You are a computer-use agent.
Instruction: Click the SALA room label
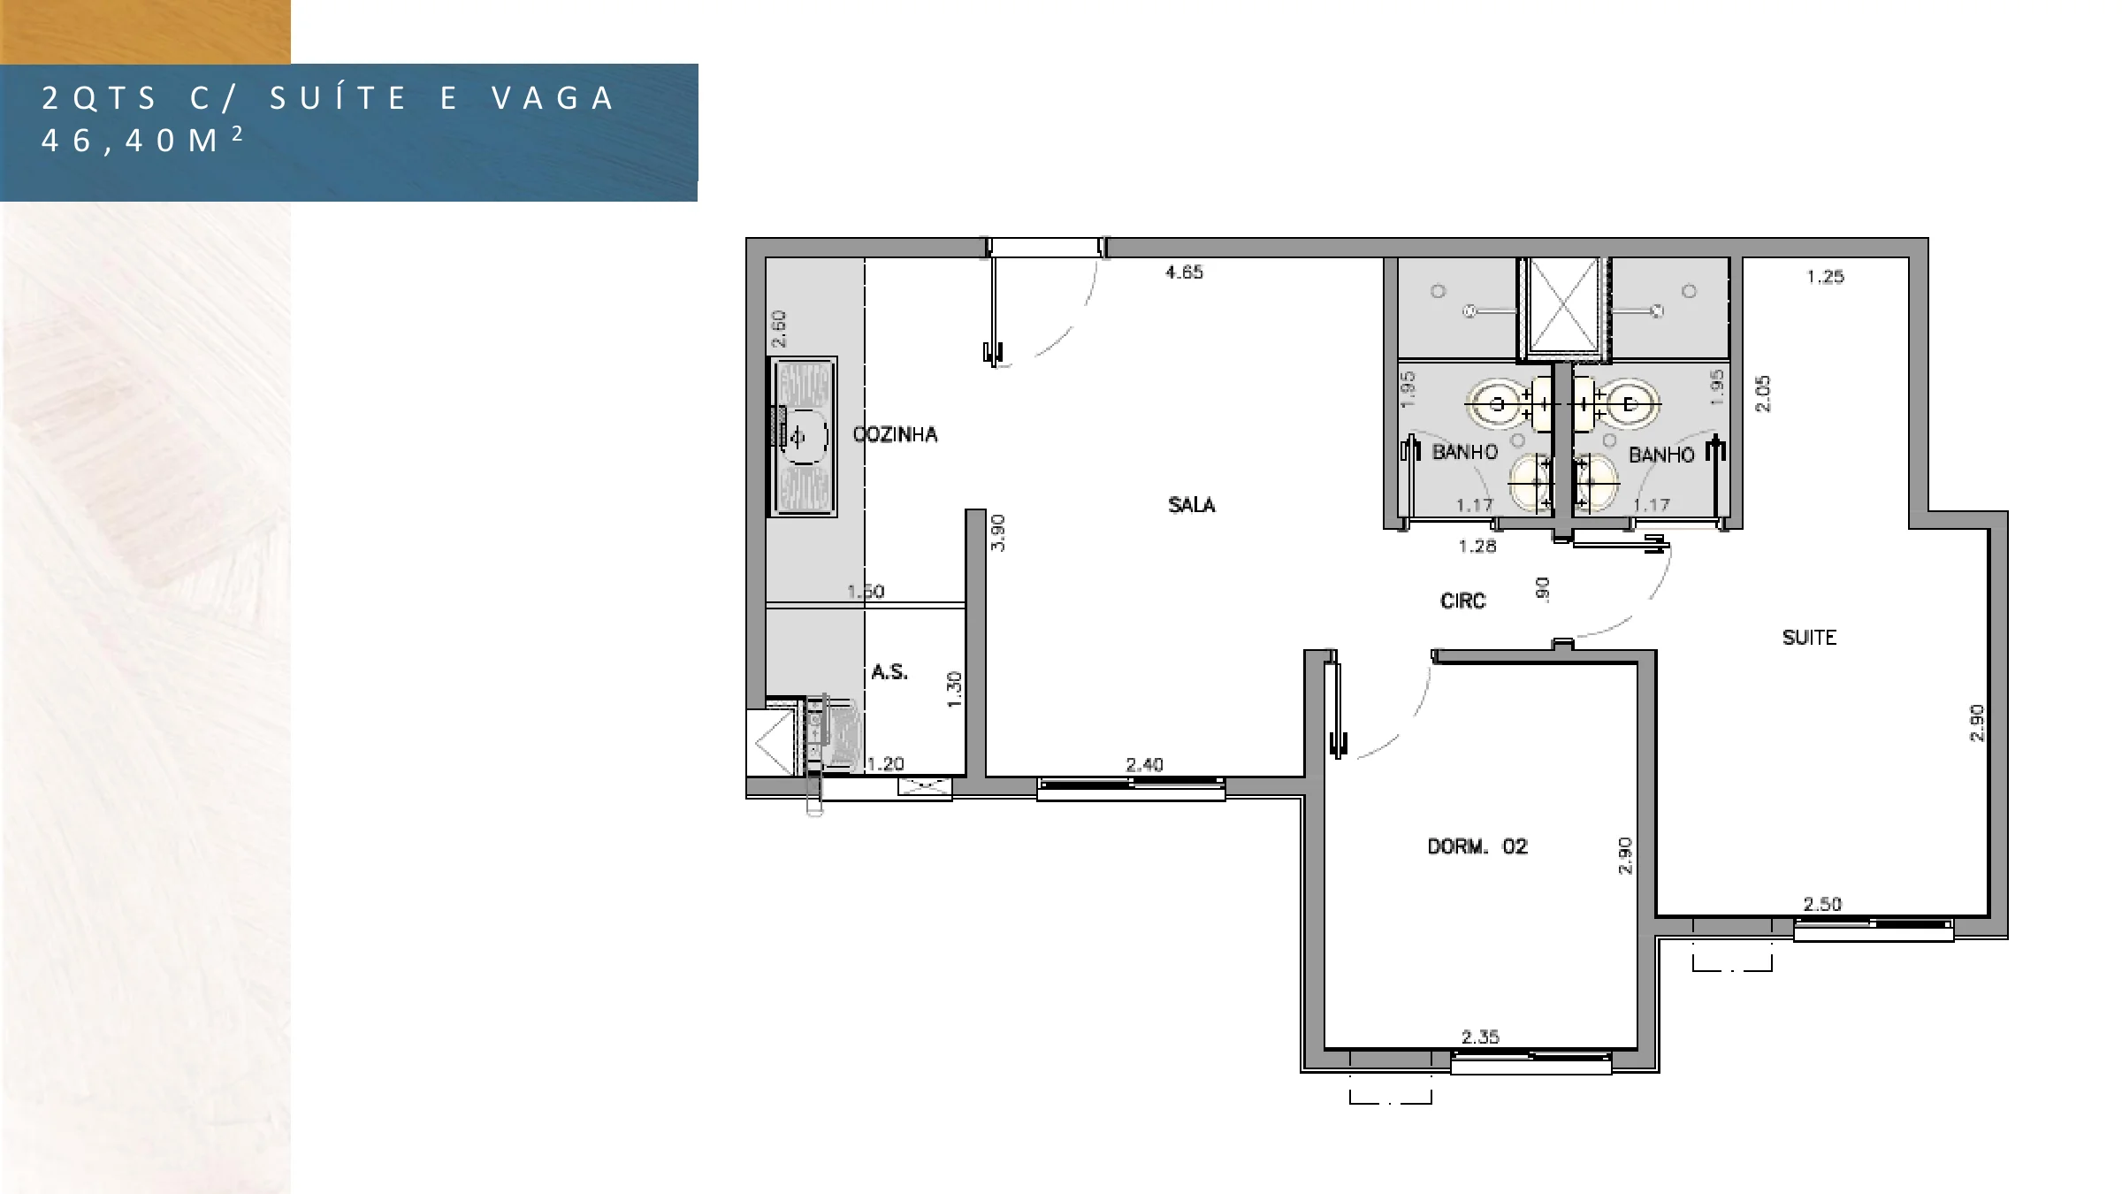pyautogui.click(x=1191, y=505)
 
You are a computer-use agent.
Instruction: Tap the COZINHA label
pyautogui.click(x=895, y=434)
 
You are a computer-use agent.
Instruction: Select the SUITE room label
pyautogui.click(x=1809, y=638)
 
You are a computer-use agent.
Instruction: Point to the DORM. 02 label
pyautogui.click(x=1477, y=846)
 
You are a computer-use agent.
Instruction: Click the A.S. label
pyautogui.click(x=889, y=672)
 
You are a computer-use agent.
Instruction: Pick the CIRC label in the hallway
pyautogui.click(x=1463, y=601)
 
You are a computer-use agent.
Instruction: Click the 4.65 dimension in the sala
pyautogui.click(x=1184, y=272)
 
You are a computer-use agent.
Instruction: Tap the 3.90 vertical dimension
pyautogui.click(x=997, y=532)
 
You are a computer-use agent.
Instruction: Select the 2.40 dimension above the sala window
pyautogui.click(x=1144, y=764)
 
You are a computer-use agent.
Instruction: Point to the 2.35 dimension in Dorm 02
pyautogui.click(x=1480, y=1037)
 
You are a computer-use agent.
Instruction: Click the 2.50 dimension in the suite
pyautogui.click(x=1822, y=904)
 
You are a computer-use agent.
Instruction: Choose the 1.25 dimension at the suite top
pyautogui.click(x=1825, y=277)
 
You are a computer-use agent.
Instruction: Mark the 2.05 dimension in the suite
pyautogui.click(x=1763, y=394)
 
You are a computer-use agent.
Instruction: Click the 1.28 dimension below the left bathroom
pyautogui.click(x=1477, y=547)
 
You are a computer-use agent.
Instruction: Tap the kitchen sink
pyautogui.click(x=804, y=437)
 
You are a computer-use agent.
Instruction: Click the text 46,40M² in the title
pyautogui.click(x=141, y=140)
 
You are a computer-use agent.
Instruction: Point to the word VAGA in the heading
pyautogui.click(x=553, y=98)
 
